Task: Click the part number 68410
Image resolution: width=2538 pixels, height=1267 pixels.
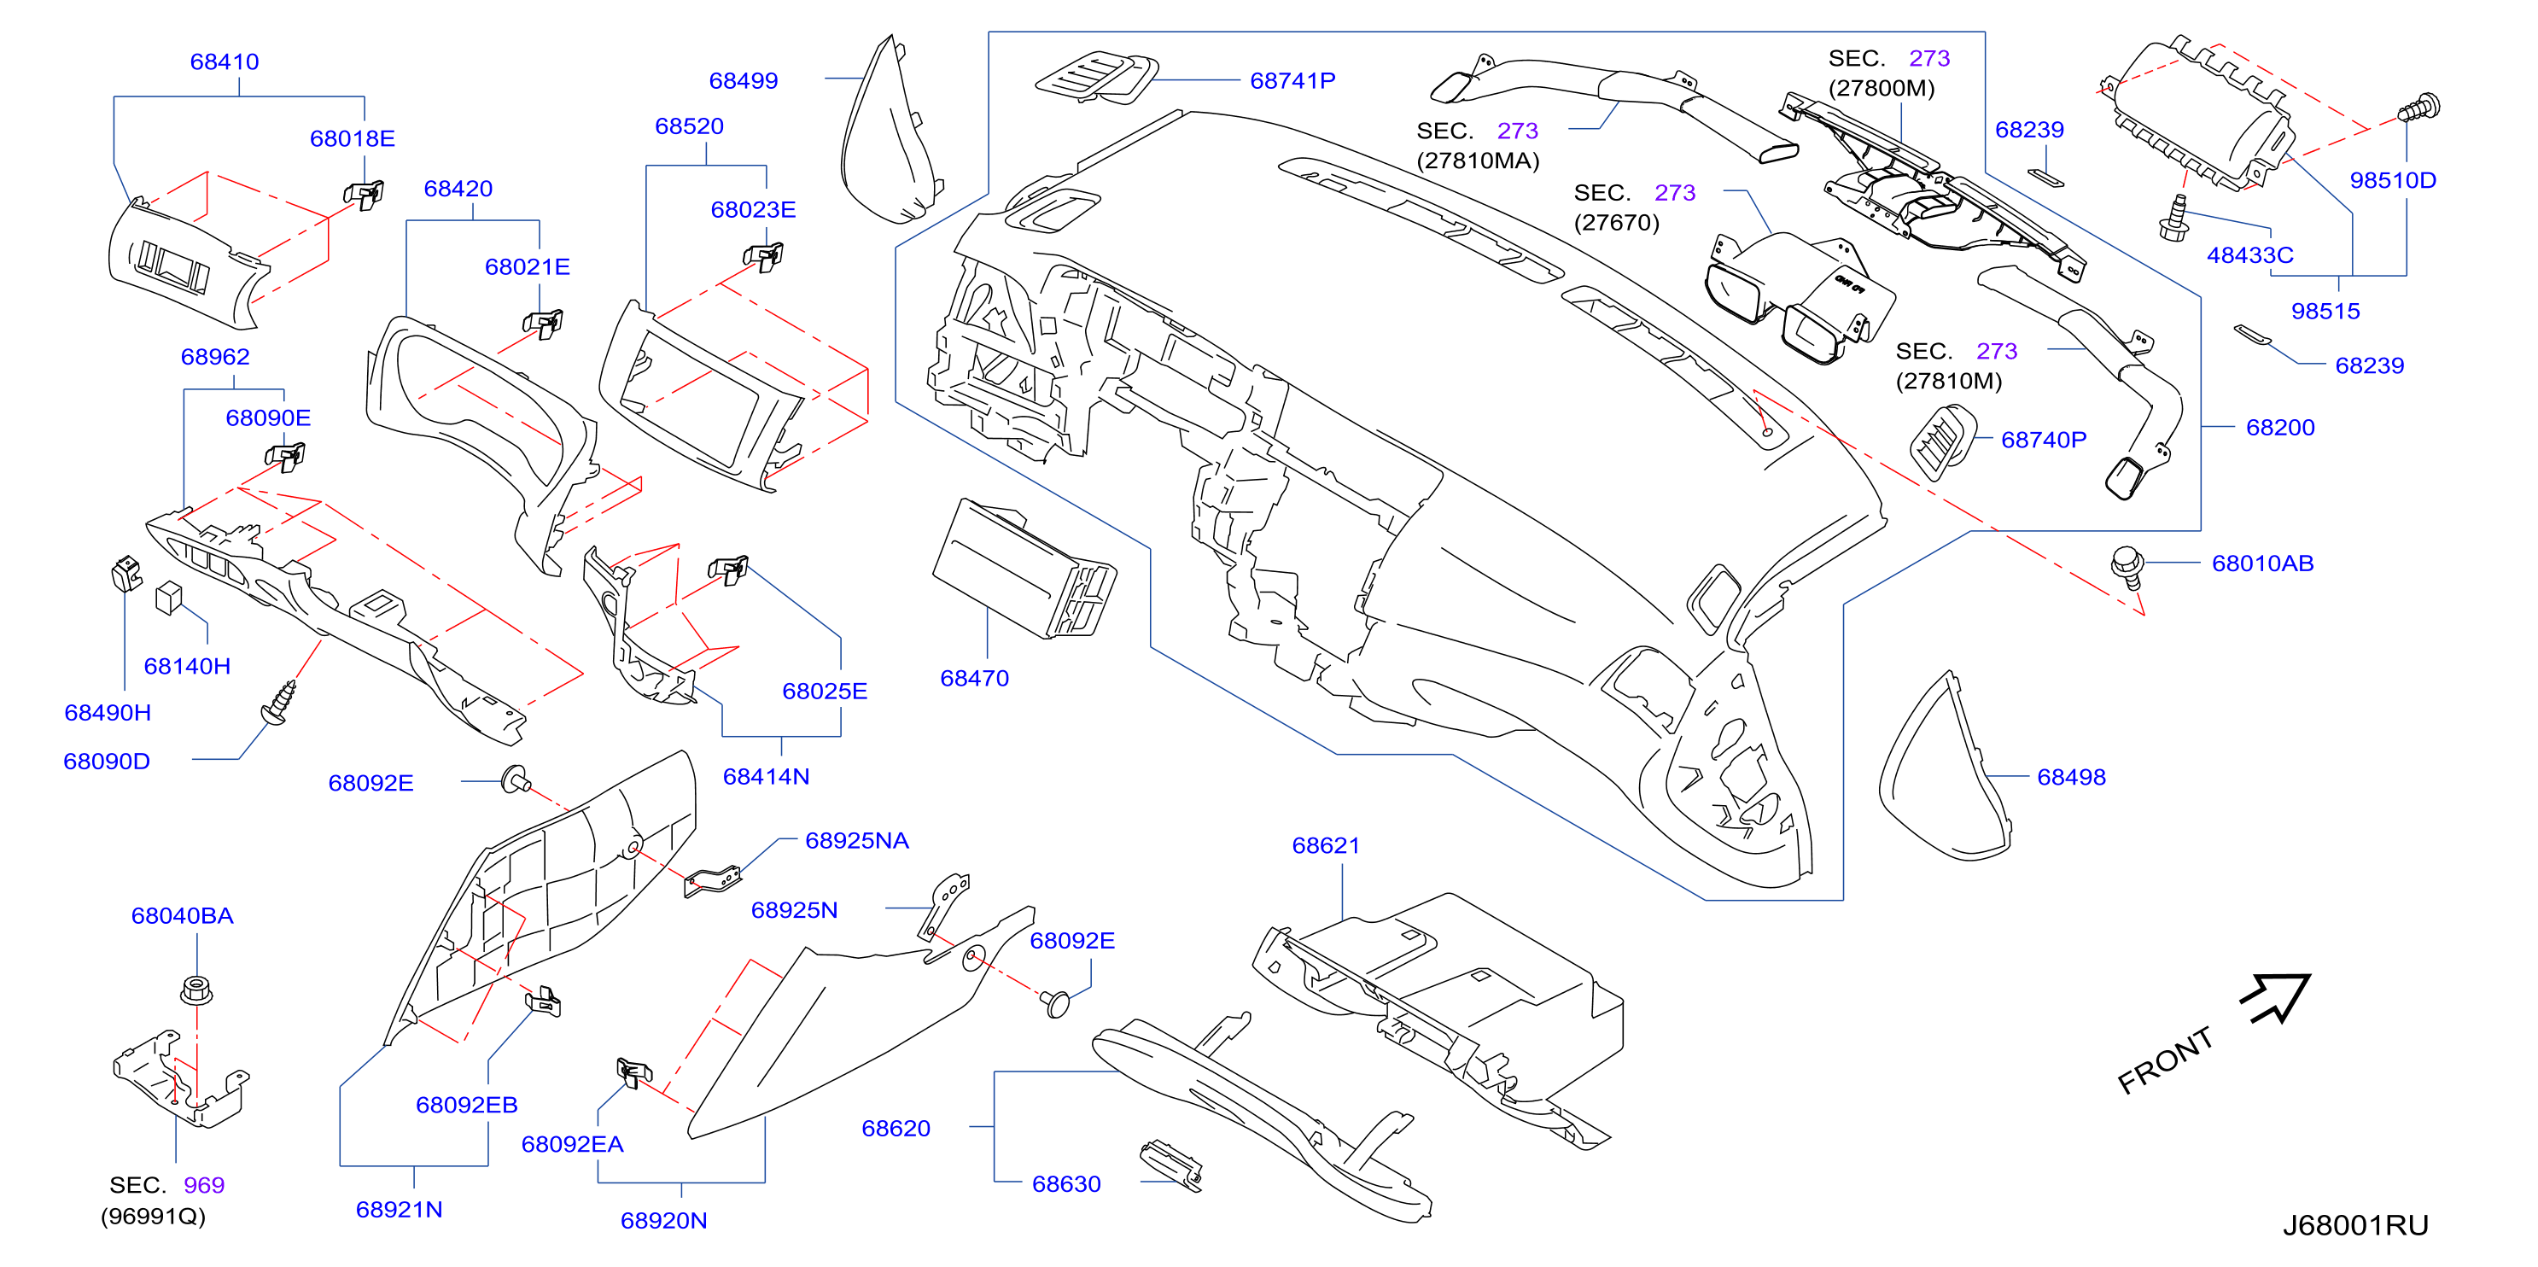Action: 225,61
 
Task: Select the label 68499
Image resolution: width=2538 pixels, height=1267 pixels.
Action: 744,81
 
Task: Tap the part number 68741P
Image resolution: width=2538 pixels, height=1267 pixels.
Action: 1292,81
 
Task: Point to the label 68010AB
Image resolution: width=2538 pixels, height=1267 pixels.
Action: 2263,563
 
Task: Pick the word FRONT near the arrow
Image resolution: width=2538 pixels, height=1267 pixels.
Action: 2166,1060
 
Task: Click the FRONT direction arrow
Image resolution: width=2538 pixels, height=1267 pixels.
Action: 2275,999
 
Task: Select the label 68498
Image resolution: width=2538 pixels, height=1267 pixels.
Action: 2071,777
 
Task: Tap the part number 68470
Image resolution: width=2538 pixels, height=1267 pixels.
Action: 974,678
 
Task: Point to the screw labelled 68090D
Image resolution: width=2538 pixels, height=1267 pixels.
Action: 279,703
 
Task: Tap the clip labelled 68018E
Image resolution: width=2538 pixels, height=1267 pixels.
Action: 364,193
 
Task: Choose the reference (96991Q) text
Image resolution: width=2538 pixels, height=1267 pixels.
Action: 154,1217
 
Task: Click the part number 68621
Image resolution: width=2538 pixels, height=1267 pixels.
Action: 1326,845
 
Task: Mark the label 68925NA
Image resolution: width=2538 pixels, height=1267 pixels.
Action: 857,840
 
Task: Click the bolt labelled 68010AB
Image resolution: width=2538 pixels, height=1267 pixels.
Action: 2128,568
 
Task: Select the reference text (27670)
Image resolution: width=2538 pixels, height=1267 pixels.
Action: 1617,223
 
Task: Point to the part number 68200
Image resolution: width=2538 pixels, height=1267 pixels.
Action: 2281,428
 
